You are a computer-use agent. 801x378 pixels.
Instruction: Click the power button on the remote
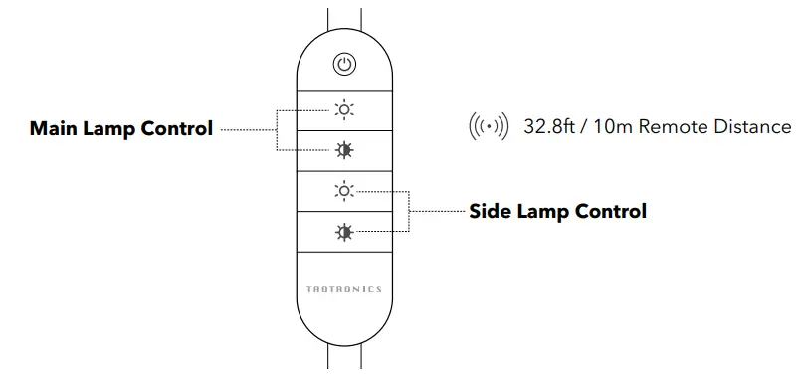coord(343,65)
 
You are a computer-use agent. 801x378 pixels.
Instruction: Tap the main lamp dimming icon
coord(343,150)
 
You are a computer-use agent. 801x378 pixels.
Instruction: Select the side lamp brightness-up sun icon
coord(343,190)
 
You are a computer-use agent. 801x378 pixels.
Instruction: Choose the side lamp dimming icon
coord(343,232)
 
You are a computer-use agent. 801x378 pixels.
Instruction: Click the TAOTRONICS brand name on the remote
coord(343,289)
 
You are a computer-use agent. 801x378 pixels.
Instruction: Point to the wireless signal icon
coord(488,127)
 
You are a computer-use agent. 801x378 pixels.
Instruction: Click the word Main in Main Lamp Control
coord(53,129)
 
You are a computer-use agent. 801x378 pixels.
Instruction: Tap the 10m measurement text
coord(619,127)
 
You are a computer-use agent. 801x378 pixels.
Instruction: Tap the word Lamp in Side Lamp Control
coord(544,211)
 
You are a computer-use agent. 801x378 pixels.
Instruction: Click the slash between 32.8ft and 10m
coord(588,127)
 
